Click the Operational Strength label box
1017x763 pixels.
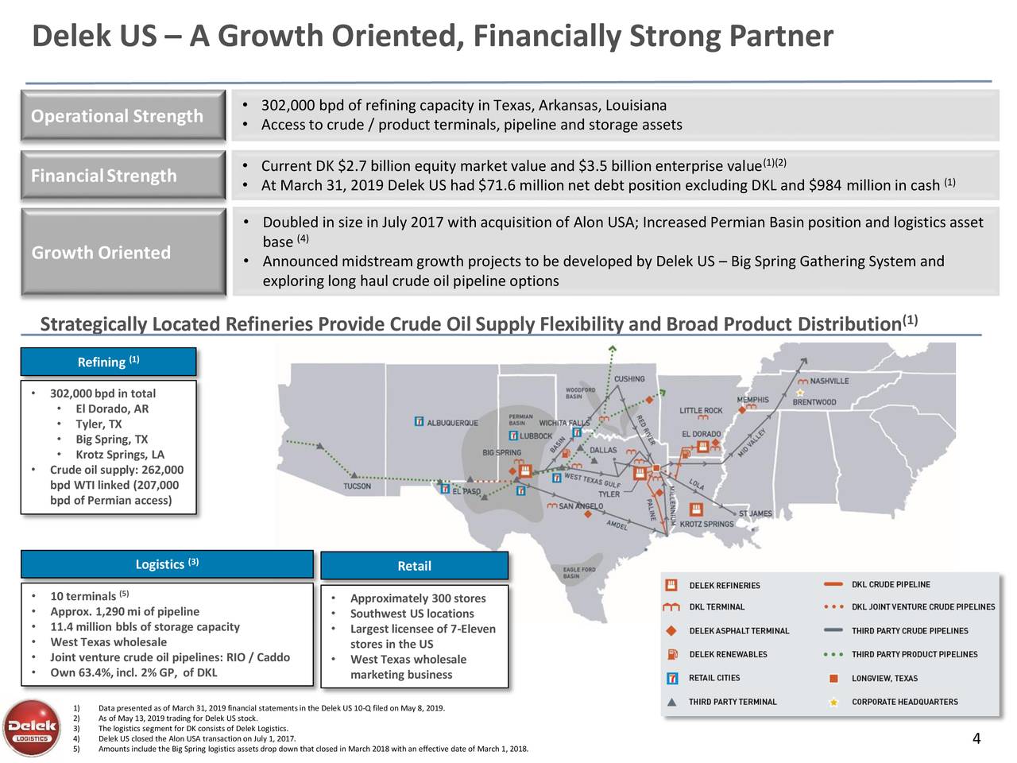pos(124,117)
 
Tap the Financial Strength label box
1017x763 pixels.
pos(124,176)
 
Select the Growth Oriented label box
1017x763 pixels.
pos(124,253)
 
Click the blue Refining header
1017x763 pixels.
pos(108,362)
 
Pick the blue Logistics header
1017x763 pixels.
pos(167,564)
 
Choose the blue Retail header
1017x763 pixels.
pos(414,566)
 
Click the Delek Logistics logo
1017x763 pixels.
pos(32,728)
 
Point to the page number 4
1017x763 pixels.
pos(976,740)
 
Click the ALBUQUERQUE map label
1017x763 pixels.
pos(452,422)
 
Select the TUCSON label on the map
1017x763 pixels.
pos(357,486)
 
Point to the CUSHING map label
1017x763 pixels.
pos(628,379)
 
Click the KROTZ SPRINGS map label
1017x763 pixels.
pos(706,525)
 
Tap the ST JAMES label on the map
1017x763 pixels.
pos(755,513)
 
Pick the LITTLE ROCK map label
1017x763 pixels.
pos(701,411)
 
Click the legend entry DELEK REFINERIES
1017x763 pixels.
pos(724,586)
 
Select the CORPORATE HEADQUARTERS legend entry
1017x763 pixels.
pos(904,702)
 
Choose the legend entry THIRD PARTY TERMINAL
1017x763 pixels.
pos(732,702)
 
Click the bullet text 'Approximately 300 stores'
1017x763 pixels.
pos(417,598)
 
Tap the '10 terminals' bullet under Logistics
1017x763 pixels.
pos(83,597)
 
